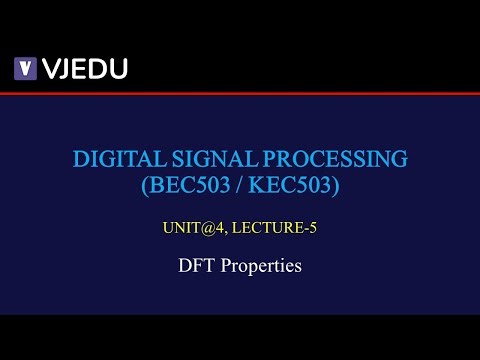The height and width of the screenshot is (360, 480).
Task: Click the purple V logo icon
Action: (x=25, y=69)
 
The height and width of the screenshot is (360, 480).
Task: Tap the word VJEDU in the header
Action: (x=84, y=69)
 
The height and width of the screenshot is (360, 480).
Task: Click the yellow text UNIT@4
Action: (x=190, y=229)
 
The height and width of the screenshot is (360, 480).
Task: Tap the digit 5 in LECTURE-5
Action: (x=313, y=229)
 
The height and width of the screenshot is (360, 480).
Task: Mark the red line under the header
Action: (x=240, y=93)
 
